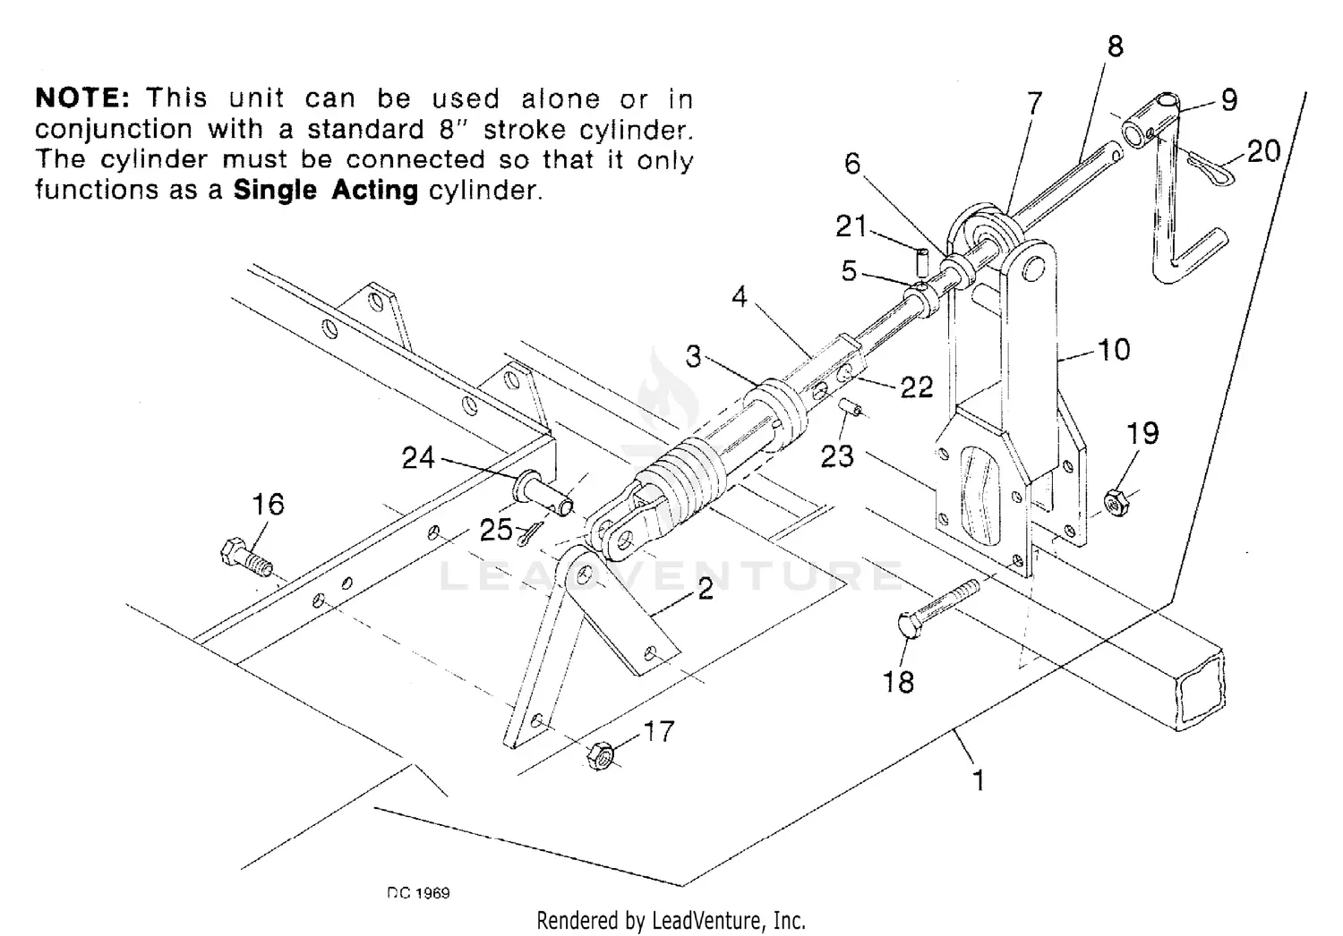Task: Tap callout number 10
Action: pos(1114,349)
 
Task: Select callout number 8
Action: pos(1115,47)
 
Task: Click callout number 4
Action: pos(739,296)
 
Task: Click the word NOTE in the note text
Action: pos(82,98)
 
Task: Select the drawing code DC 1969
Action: pos(419,893)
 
